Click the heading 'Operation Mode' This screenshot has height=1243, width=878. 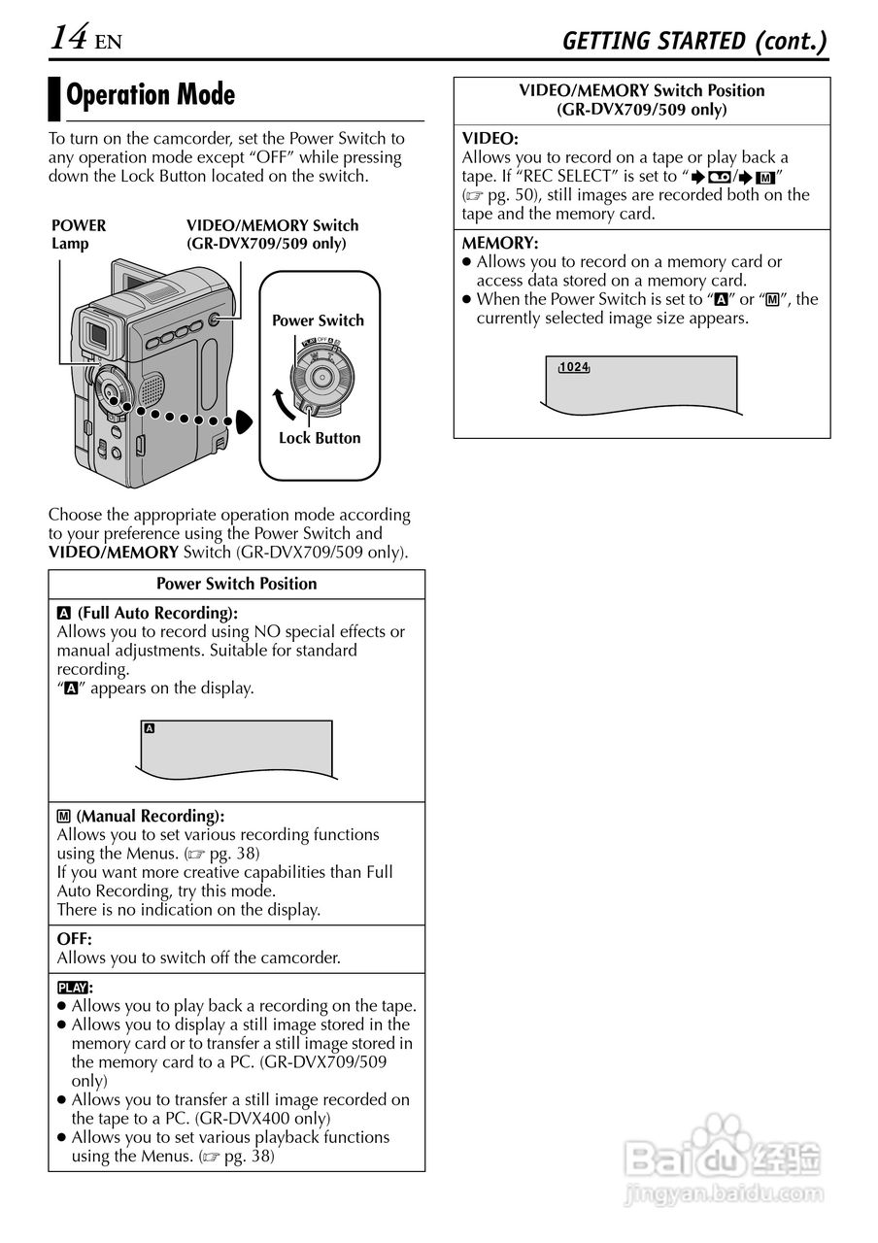pos(151,95)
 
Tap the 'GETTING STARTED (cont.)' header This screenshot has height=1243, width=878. pos(694,41)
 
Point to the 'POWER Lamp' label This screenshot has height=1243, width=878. pos(79,234)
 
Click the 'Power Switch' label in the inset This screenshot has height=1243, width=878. pos(318,320)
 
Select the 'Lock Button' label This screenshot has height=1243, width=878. pos(319,438)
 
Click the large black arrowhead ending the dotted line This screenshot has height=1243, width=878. pos(243,421)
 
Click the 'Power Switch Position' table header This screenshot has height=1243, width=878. pos(236,584)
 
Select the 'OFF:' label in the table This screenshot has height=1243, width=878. pos(75,939)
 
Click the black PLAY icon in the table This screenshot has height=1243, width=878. pos(72,988)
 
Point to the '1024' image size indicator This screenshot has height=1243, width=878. pos(575,367)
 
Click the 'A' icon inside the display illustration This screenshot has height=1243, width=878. pos(149,728)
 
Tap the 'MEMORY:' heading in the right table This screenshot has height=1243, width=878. pos(500,243)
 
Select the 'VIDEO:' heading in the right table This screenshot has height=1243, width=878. pos(490,139)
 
